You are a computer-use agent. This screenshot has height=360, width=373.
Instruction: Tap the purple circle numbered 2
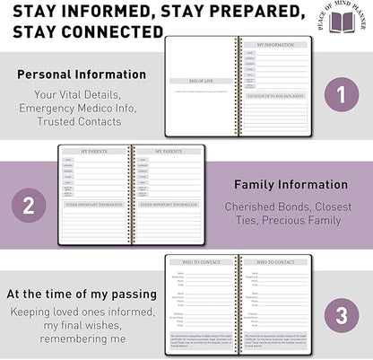tap(30, 205)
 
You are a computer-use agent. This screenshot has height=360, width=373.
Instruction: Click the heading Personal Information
tap(82, 75)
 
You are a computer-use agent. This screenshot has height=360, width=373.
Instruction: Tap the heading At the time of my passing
tap(75, 294)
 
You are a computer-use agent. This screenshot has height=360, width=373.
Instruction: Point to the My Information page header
tap(273, 44)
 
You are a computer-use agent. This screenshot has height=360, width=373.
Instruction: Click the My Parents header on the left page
tap(94, 151)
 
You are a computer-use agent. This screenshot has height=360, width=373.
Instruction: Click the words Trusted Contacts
tap(82, 121)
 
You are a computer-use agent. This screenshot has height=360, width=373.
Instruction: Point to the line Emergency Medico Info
tap(82, 108)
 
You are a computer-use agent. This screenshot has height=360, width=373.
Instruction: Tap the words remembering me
tap(75, 340)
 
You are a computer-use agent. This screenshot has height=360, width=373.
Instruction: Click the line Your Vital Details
tap(82, 94)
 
